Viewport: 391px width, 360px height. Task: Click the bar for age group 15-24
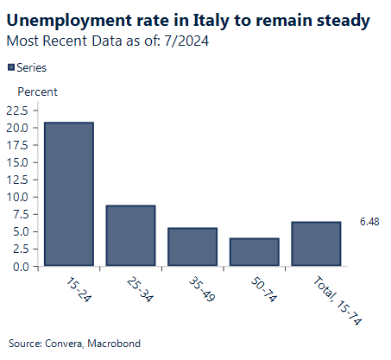pos(69,194)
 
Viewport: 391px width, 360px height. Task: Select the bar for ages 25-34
pos(130,236)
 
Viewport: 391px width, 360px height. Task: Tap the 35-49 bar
pos(192,247)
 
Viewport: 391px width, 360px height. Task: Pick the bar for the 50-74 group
pos(255,252)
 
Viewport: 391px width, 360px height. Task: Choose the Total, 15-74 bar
pos(316,244)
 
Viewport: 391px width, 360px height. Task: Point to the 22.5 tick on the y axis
pos(18,111)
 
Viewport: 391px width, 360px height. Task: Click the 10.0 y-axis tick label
pos(18,197)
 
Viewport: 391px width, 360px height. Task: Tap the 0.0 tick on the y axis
pos(22,266)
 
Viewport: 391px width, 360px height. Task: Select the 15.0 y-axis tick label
pos(18,162)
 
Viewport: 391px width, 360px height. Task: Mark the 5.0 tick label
pos(22,231)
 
